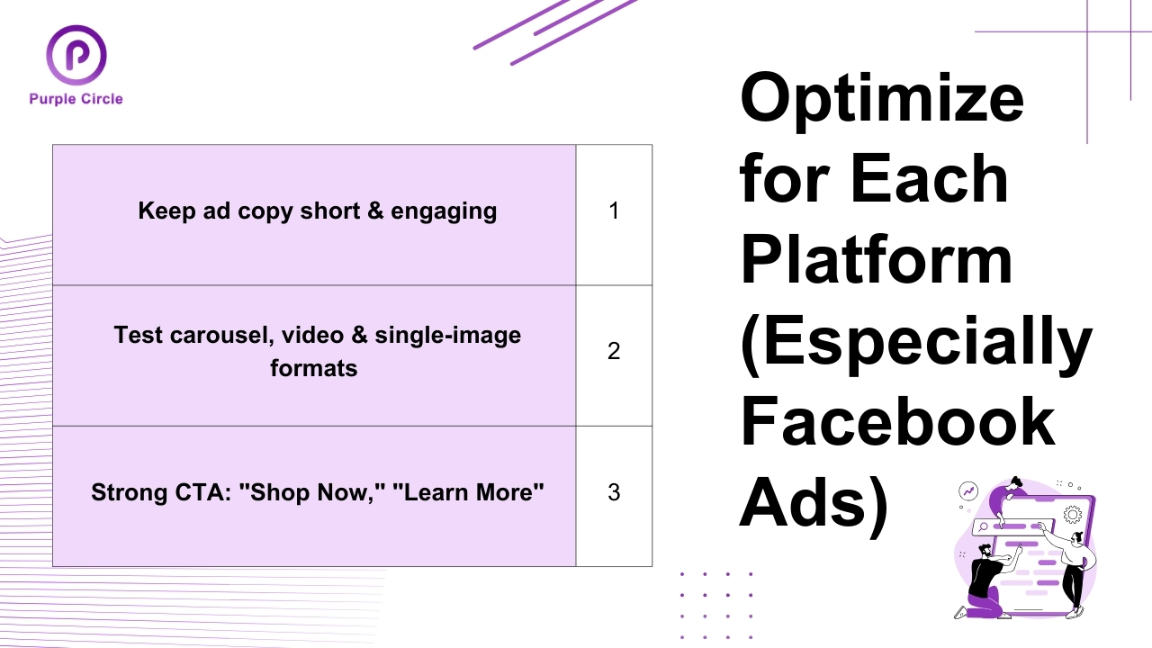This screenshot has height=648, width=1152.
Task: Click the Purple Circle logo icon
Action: pyautogui.click(x=76, y=55)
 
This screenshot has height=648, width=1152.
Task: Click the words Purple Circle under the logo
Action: pyautogui.click(x=76, y=99)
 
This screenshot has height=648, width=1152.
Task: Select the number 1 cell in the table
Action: pyautogui.click(x=614, y=211)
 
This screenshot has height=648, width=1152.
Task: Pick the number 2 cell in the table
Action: pyautogui.click(x=614, y=351)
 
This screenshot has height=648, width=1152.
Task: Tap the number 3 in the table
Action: pyautogui.click(x=614, y=492)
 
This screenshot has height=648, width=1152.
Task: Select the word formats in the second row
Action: pyautogui.click(x=313, y=368)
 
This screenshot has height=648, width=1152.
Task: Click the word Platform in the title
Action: pyautogui.click(x=877, y=257)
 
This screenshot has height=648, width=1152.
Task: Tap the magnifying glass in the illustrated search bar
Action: pyautogui.click(x=985, y=526)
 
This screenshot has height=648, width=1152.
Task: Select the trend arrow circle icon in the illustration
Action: pyautogui.click(x=968, y=491)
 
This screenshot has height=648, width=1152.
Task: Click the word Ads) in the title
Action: pyautogui.click(x=814, y=501)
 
